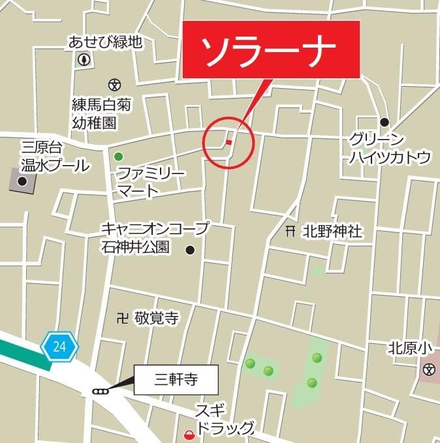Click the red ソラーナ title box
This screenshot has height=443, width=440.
point(271,50)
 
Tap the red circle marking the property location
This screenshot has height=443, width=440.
point(228,142)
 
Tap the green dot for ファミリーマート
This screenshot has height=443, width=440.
point(118,156)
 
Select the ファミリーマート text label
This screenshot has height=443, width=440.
point(151,182)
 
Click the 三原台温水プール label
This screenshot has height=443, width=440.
point(55,156)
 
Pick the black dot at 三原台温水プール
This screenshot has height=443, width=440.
point(23,181)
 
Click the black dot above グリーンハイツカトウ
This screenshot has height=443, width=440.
point(385,122)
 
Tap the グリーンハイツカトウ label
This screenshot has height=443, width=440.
point(390,148)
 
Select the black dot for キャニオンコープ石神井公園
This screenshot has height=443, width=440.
point(190,249)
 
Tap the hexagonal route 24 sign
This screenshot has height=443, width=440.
point(59,346)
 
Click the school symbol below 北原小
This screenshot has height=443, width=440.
point(428,370)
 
